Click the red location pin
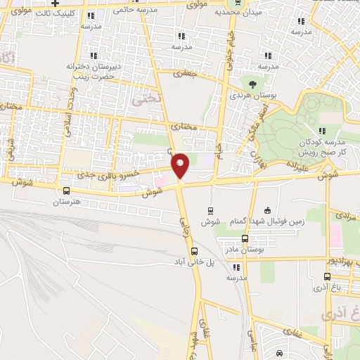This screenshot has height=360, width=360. [x=181, y=166]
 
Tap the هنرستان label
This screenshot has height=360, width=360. [x=67, y=202]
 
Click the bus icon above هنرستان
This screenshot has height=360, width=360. [x=67, y=191]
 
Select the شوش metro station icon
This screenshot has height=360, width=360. [x=210, y=210]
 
